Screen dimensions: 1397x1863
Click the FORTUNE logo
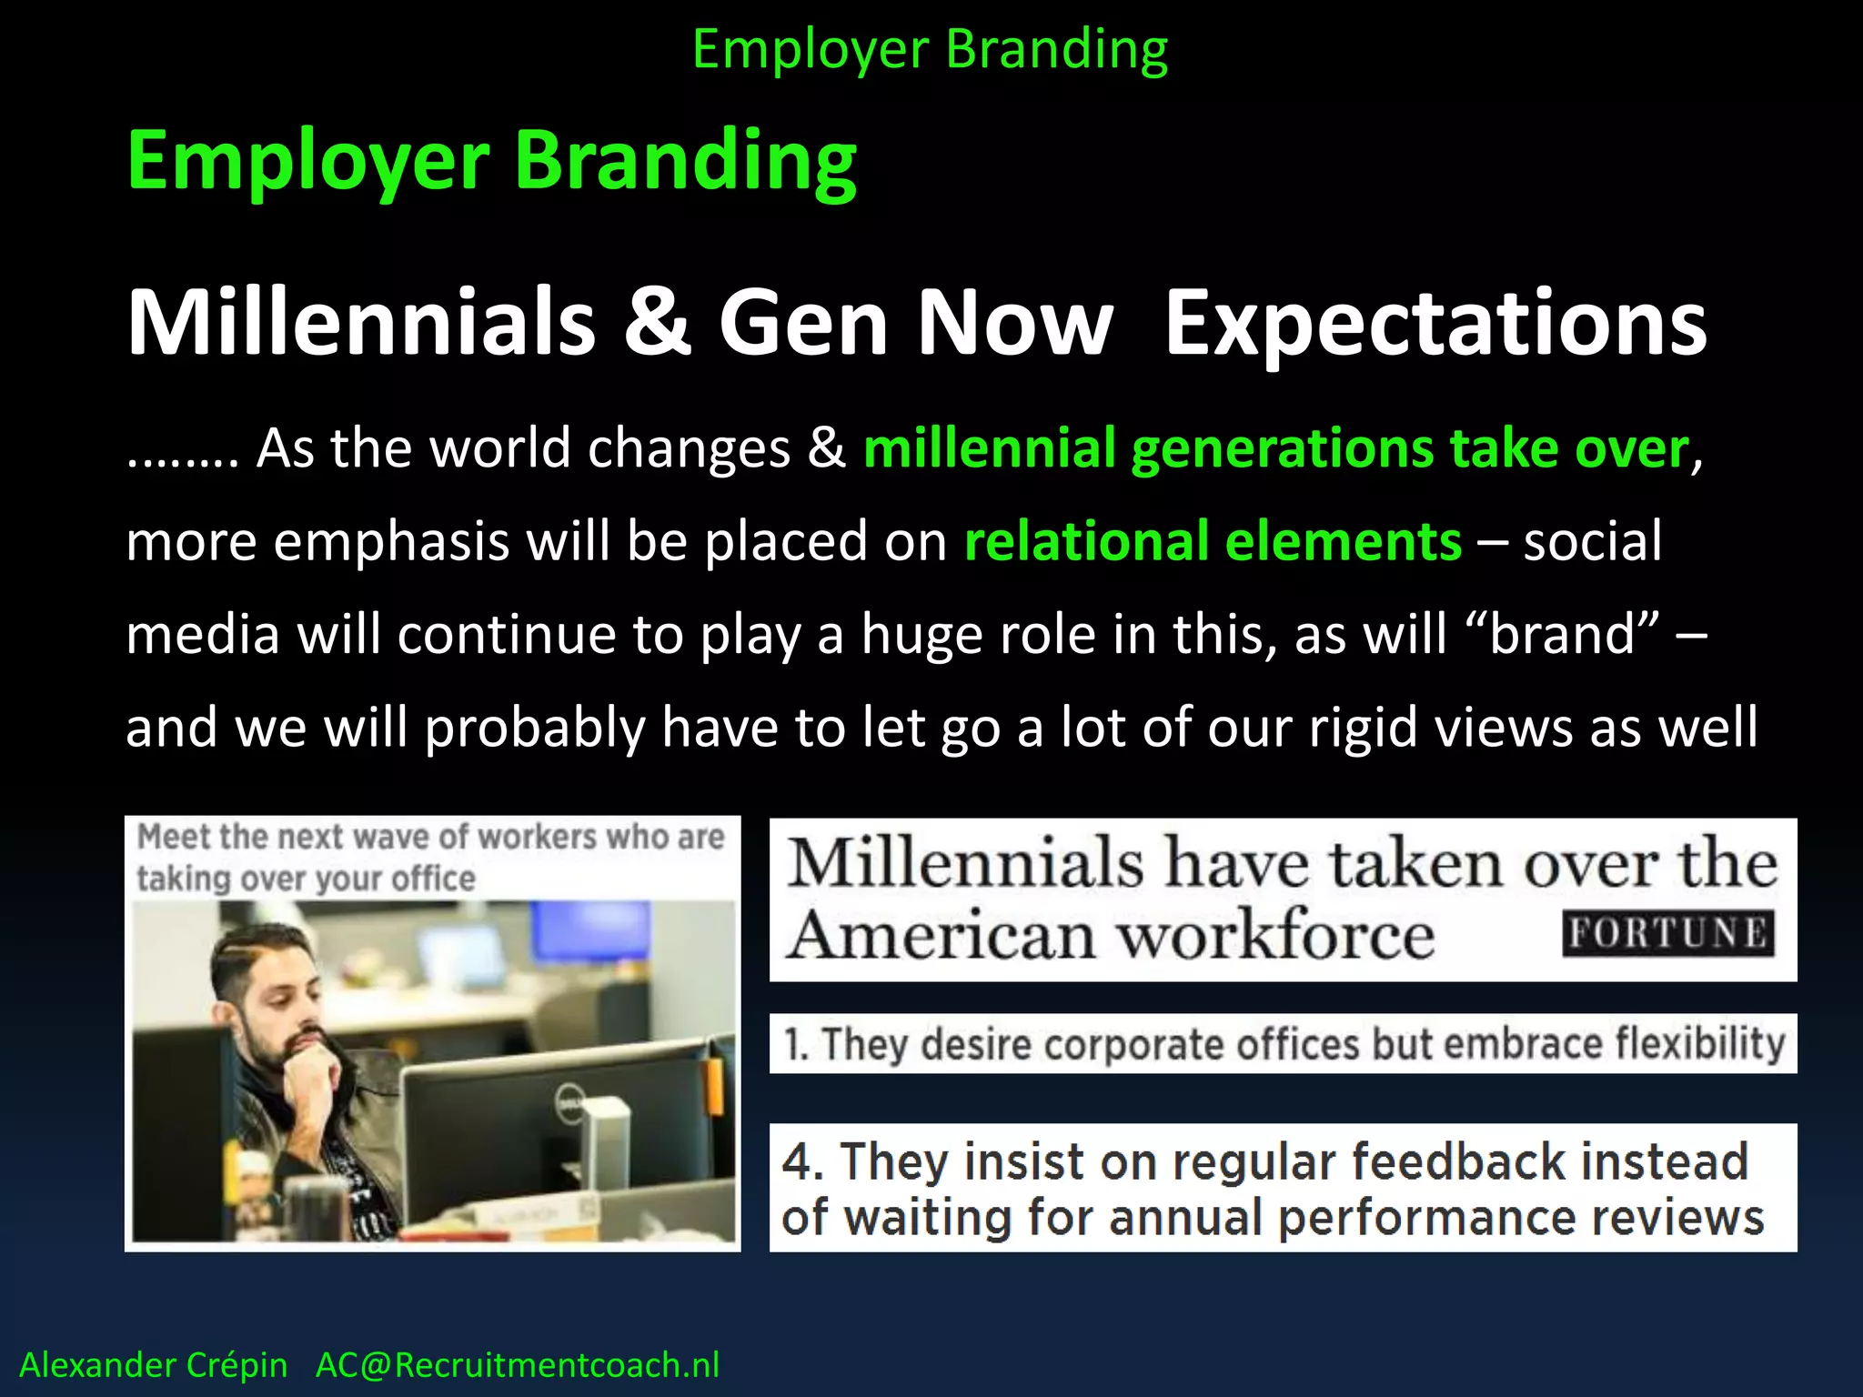1668,933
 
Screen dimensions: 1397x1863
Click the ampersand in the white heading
658,322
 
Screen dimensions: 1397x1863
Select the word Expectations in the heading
1435,324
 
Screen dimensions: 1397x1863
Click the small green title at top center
930,49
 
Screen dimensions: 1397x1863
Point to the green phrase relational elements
1213,540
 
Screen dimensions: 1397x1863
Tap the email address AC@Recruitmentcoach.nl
517,1364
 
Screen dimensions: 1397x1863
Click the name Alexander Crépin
153,1364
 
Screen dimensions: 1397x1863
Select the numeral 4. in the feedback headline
802,1161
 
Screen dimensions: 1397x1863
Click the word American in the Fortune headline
942,935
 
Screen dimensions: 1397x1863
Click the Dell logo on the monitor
567,1107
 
